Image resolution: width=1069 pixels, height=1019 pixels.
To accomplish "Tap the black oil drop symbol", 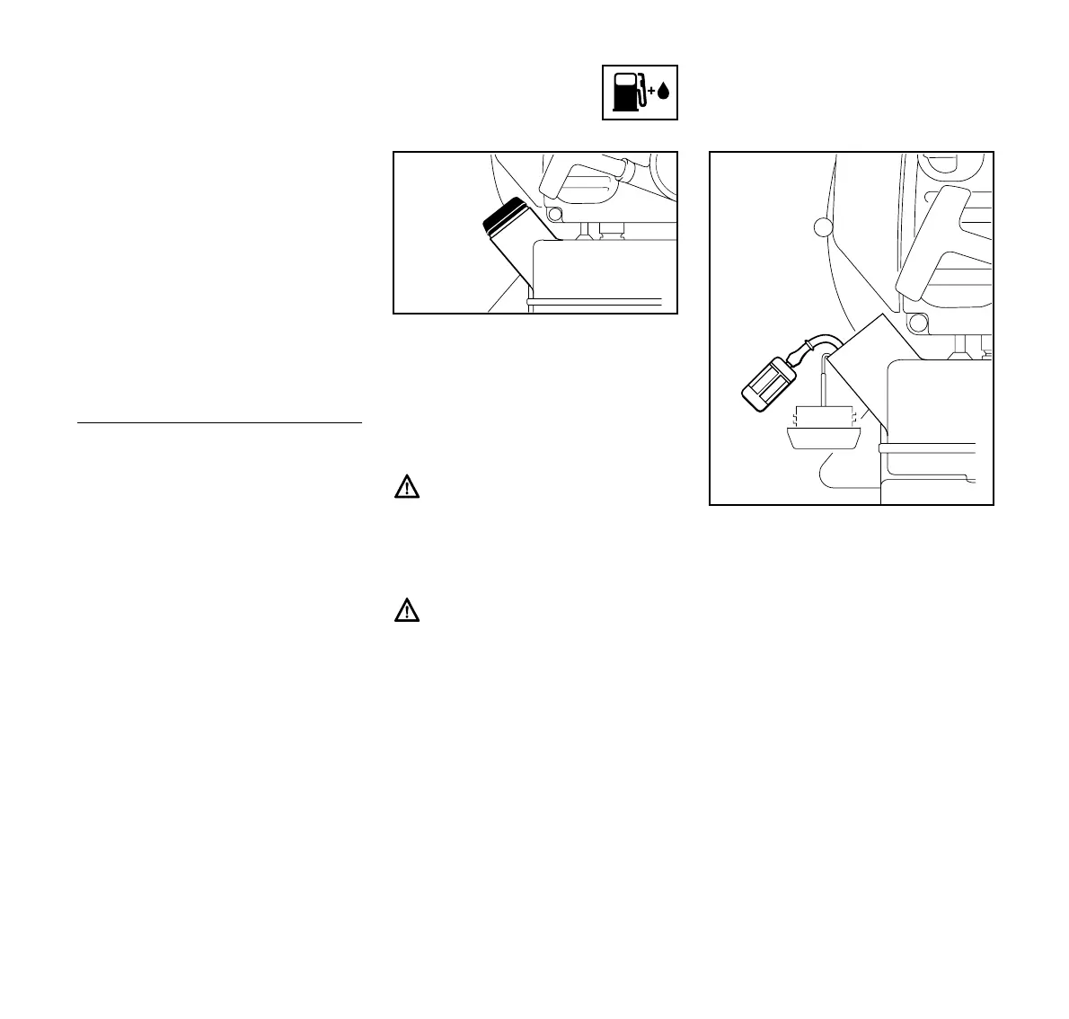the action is (664, 92).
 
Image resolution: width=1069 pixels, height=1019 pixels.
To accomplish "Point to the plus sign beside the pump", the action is (650, 92).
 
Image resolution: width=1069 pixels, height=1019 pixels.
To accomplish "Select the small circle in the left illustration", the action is (552, 214).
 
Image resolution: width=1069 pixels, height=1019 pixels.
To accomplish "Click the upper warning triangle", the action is (408, 488).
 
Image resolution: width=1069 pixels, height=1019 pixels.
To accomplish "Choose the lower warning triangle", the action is (408, 612).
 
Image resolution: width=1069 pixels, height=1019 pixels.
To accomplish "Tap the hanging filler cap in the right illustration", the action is (823, 431).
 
